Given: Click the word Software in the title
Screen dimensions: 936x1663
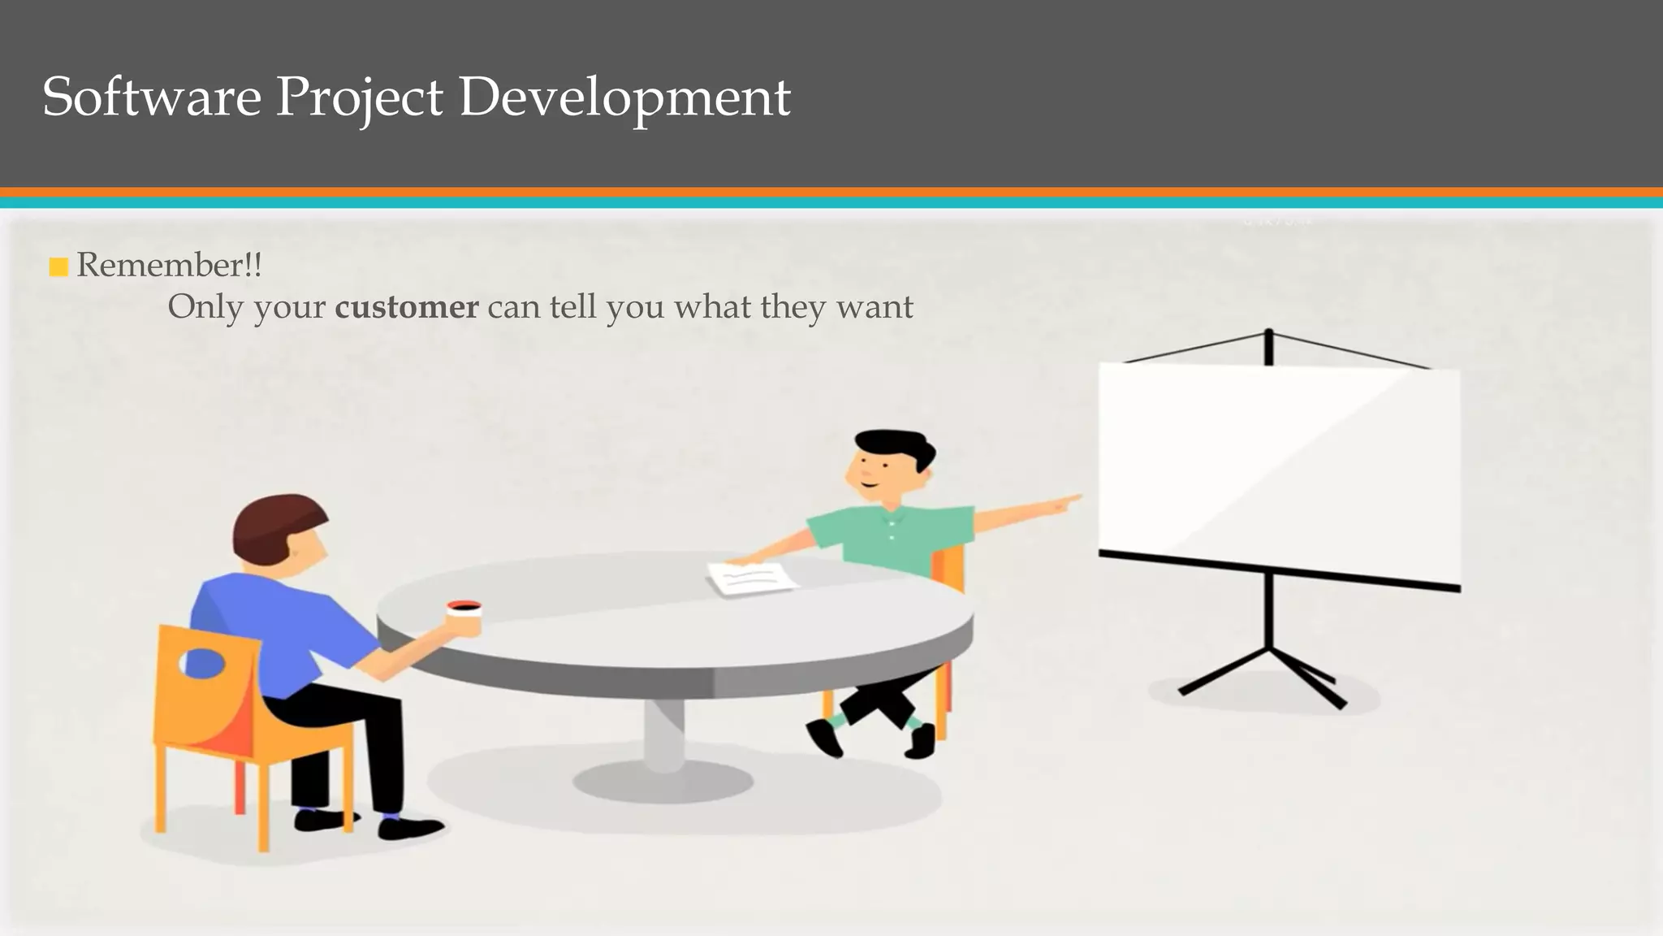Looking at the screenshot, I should click(x=151, y=97).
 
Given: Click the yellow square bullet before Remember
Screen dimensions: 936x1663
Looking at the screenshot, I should click(x=58, y=266).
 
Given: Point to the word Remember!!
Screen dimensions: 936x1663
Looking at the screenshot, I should click(x=169, y=265).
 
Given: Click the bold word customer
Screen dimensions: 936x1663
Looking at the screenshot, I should click(x=406, y=307).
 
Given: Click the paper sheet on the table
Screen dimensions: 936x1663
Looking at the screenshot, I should click(x=752, y=577).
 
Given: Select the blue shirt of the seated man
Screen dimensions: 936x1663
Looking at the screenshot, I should click(x=268, y=626).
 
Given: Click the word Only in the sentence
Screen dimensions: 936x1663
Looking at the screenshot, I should click(x=205, y=307).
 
